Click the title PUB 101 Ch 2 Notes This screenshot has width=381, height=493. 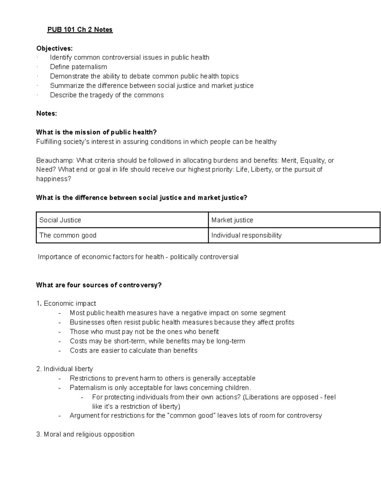point(80,30)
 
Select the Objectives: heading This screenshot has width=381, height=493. point(54,48)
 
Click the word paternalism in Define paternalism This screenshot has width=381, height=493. point(89,67)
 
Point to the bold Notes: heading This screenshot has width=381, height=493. point(47,114)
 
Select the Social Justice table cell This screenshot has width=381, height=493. point(122,220)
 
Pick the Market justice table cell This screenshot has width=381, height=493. point(294,220)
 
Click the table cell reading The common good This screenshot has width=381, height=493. point(122,235)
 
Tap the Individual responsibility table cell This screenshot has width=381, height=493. point(294,235)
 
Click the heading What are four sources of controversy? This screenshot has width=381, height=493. point(99,285)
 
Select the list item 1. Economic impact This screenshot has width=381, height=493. point(66,303)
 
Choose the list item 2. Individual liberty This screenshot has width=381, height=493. point(65,369)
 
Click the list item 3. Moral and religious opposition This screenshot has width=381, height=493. point(85,434)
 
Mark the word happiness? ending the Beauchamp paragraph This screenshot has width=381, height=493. point(54,179)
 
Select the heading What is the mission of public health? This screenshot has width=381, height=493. point(97,132)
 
